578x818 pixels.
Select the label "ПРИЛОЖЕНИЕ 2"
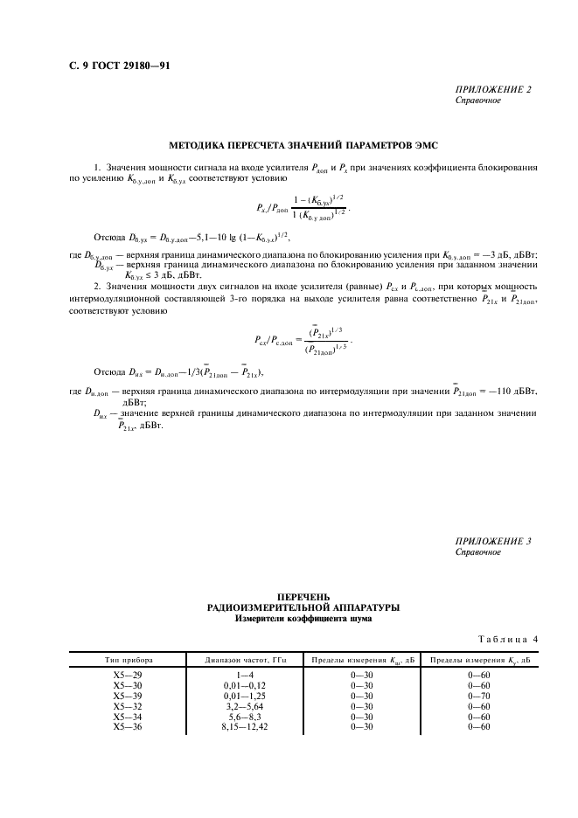click(x=493, y=89)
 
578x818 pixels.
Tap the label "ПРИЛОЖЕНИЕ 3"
click(x=493, y=542)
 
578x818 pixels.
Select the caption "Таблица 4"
click(x=507, y=640)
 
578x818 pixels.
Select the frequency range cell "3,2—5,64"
click(x=236, y=706)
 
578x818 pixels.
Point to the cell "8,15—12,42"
click(x=236, y=727)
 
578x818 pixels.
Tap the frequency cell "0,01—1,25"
click(x=236, y=696)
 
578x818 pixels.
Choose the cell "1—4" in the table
click(x=236, y=675)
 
